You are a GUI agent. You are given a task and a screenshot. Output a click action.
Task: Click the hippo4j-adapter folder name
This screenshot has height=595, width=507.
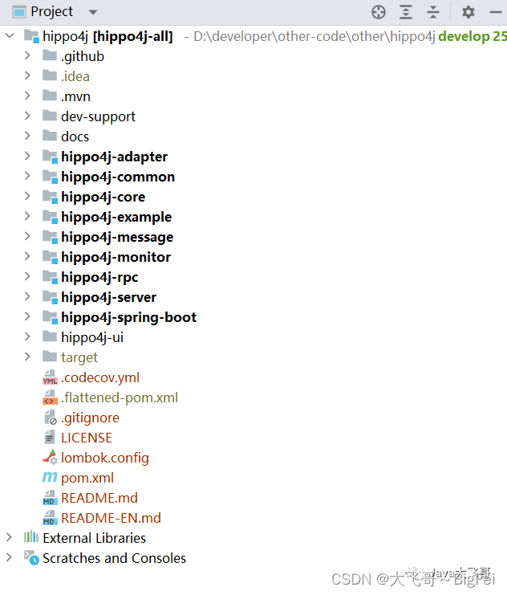(x=114, y=157)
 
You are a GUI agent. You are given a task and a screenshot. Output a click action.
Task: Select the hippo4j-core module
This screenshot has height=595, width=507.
(x=103, y=197)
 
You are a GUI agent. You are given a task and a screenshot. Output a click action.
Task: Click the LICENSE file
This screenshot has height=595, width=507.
(x=86, y=438)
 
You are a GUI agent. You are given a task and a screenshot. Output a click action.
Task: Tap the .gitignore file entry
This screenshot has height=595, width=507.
(x=90, y=418)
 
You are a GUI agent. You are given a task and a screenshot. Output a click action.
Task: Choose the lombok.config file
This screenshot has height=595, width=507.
(x=104, y=458)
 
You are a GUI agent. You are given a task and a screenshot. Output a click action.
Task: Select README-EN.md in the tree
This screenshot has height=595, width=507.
(x=111, y=518)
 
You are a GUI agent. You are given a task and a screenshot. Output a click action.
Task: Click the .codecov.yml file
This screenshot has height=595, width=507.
(x=100, y=377)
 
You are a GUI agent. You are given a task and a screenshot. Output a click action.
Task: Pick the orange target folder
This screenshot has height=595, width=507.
(x=79, y=357)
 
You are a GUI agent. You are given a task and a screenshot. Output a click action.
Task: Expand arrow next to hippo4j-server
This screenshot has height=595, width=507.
(x=27, y=297)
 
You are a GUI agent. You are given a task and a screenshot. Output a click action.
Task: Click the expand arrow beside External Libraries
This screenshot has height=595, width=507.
(x=9, y=538)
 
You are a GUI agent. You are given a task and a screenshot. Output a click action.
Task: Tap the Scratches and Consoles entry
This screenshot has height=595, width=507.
(x=114, y=558)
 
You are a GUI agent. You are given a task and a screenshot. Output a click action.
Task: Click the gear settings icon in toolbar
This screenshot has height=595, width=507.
(x=468, y=12)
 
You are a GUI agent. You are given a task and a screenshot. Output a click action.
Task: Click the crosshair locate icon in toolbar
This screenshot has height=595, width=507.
(x=379, y=12)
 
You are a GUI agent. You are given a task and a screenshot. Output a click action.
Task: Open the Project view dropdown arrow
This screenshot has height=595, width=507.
(x=93, y=13)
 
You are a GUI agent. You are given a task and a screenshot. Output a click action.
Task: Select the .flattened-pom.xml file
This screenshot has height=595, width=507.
(x=119, y=397)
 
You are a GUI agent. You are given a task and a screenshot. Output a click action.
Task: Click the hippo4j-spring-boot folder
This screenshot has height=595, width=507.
(x=128, y=317)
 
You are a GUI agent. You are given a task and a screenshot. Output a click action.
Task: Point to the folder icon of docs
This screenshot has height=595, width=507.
(x=50, y=137)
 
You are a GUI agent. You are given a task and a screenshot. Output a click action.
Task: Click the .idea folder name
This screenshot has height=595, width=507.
(x=75, y=76)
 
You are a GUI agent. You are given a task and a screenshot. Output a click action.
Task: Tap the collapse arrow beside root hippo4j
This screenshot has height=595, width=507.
(x=9, y=36)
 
